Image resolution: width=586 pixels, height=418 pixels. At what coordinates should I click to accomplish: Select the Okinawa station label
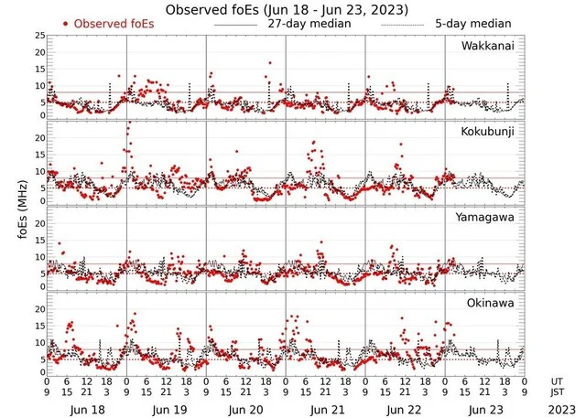[x=494, y=301]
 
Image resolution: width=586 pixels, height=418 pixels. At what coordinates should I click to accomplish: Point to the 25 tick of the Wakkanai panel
[x=39, y=35]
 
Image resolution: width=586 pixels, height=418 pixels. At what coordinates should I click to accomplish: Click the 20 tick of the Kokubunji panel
[x=39, y=137]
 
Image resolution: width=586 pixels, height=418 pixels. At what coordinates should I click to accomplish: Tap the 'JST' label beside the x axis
[x=558, y=392]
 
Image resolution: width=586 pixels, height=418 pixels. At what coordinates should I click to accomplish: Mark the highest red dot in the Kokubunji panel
[x=128, y=123]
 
